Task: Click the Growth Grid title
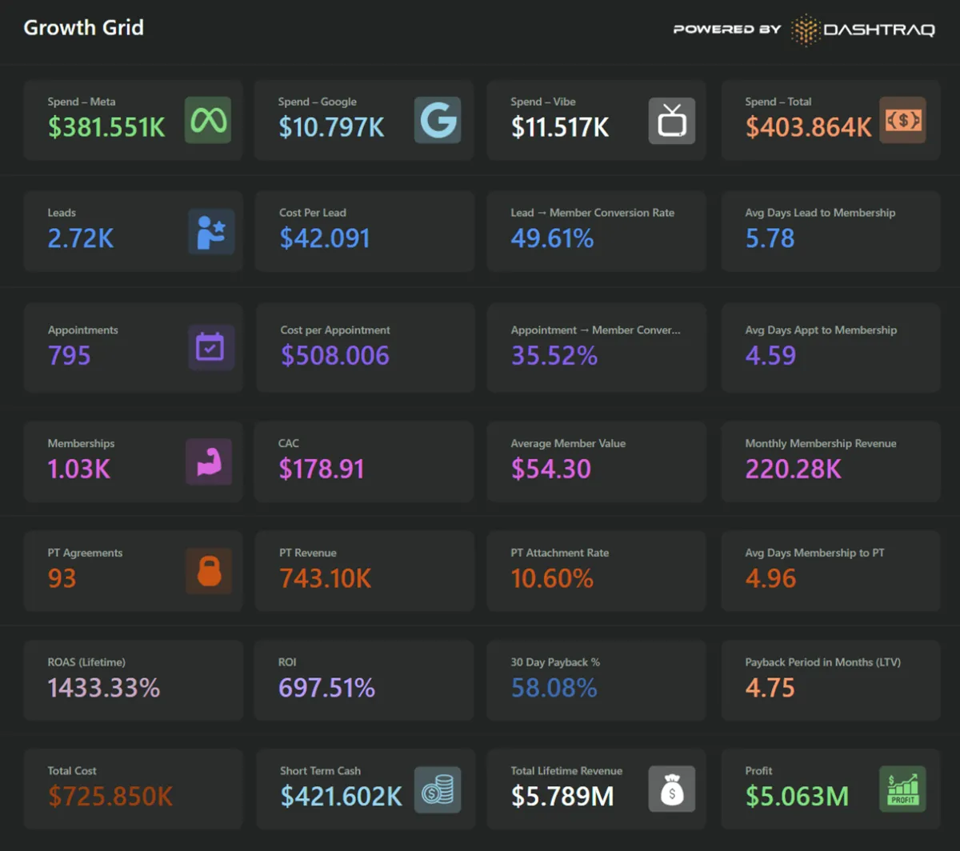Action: [x=83, y=27]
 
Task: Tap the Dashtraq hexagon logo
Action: [x=805, y=30]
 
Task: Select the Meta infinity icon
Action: [x=208, y=120]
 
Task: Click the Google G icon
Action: [x=438, y=120]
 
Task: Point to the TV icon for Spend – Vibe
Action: [x=671, y=121]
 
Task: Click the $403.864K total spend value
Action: [x=809, y=127]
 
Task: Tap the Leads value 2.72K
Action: [x=81, y=238]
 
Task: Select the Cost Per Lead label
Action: [x=313, y=213]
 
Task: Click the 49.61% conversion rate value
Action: [x=552, y=238]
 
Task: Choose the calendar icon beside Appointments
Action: [x=211, y=347]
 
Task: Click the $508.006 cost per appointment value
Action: [x=334, y=356]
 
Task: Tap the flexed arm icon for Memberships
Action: [x=209, y=461]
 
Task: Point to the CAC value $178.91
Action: [x=322, y=469]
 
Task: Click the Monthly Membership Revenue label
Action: [x=820, y=443]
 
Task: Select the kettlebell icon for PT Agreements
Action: [x=209, y=571]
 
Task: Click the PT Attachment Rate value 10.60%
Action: [x=552, y=578]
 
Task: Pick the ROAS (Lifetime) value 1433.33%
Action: [x=104, y=688]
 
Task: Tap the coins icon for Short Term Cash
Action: [x=438, y=789]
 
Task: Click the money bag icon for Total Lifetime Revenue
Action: [x=671, y=789]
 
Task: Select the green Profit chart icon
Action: [x=902, y=789]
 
